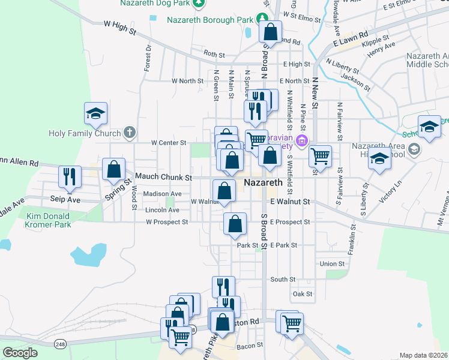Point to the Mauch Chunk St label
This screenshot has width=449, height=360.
tap(163, 178)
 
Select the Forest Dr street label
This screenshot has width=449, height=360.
tap(147, 58)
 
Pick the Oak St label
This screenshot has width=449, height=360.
tap(302, 294)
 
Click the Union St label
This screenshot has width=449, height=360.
tap(332, 264)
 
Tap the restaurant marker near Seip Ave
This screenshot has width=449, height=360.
tap(69, 175)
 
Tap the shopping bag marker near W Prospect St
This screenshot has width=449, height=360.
tap(235, 224)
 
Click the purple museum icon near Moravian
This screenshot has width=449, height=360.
tap(301, 142)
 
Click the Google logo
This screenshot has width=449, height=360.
tap(20, 353)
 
